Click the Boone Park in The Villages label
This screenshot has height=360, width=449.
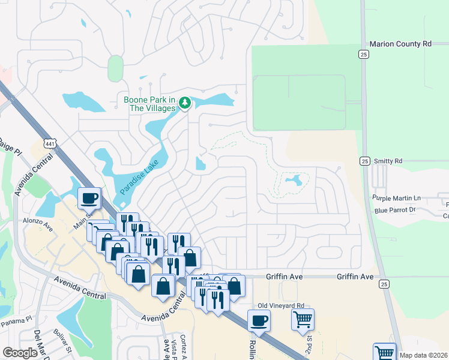pos(149,104)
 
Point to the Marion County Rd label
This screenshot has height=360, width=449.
pos(400,44)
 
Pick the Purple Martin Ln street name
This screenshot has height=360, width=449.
pos(397,198)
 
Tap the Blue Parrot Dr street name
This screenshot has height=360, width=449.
pos(394,210)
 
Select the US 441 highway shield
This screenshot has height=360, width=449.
pos(50,143)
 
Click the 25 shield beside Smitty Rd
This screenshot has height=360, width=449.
pos(364,161)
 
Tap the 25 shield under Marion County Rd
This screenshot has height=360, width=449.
pos(364,55)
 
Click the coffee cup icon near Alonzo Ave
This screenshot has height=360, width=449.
pos(89,198)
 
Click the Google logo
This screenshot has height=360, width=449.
pos(20,353)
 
